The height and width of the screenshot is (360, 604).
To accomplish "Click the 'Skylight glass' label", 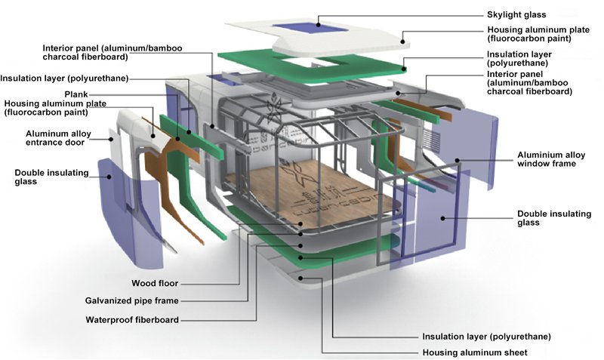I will coord(516,14).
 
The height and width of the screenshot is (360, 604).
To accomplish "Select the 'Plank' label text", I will coord(106,94).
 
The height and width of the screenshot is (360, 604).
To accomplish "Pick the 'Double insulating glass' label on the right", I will coord(553,218).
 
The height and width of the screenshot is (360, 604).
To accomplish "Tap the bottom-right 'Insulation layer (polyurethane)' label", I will coord(487,336).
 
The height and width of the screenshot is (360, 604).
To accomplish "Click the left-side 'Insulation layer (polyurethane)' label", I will coord(64,78).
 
